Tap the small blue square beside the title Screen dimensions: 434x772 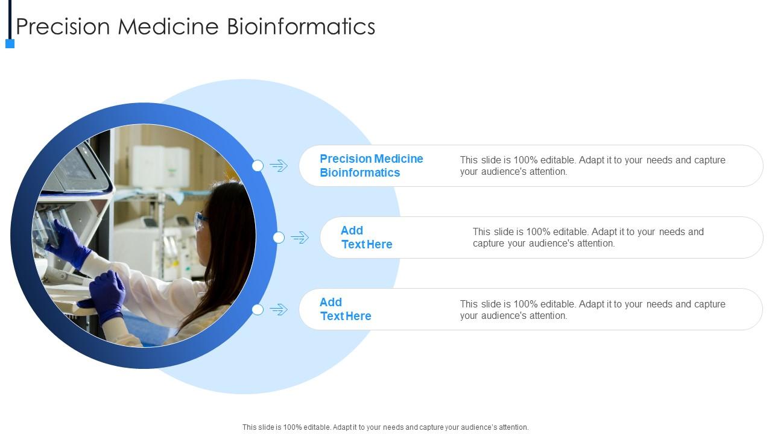coord(10,43)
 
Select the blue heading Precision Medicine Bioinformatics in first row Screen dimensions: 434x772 coord(371,166)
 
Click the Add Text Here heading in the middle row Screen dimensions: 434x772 coord(366,237)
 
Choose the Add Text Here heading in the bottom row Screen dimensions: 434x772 coord(345,309)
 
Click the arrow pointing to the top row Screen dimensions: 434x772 coord(279,166)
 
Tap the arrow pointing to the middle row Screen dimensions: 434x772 coord(300,237)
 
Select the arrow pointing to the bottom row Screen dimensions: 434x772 coord(279,309)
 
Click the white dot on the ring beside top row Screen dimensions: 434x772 coord(258,166)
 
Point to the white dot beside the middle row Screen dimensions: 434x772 coord(279,237)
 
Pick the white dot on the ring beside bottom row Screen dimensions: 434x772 coord(258,309)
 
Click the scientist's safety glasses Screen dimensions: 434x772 coord(201,221)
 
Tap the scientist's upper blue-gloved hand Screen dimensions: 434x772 coord(69,244)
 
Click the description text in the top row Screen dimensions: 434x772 coord(592,166)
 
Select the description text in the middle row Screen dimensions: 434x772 coord(588,237)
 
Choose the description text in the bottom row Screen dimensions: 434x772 coord(592,309)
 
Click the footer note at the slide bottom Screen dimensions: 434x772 coord(385,427)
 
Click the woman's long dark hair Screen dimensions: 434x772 coord(229,253)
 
